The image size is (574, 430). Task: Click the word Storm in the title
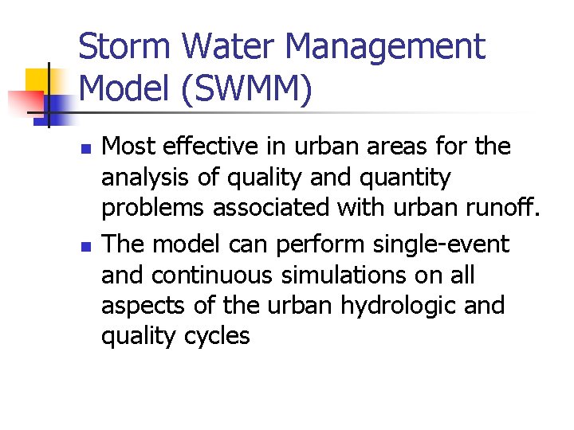click(x=125, y=46)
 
